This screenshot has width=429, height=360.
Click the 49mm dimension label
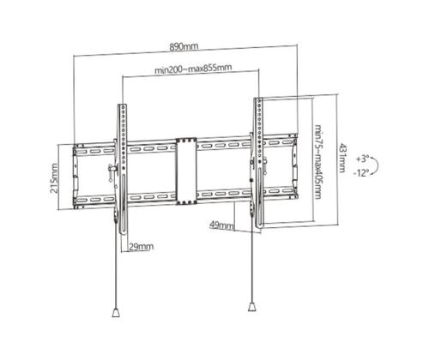tap(221, 225)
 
